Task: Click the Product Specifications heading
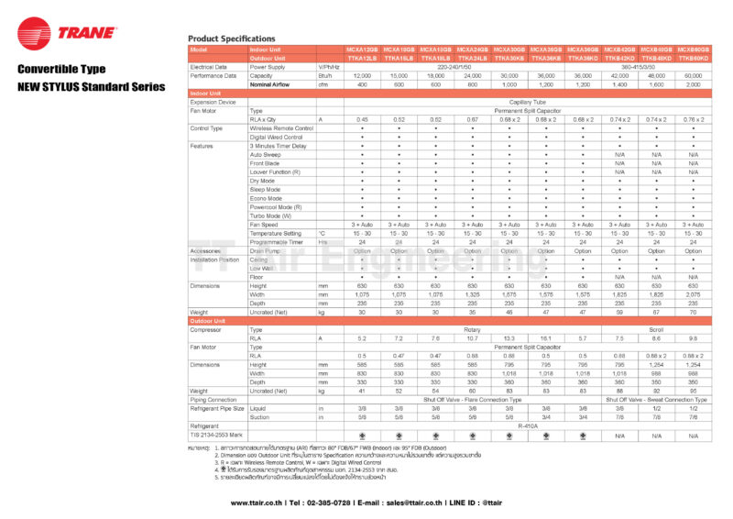pyautogui.click(x=231, y=39)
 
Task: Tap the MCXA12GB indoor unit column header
pyautogui.click(x=362, y=49)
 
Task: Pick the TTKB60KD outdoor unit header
pyautogui.click(x=693, y=58)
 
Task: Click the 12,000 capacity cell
pyautogui.click(x=362, y=75)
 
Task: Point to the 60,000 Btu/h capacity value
pyautogui.click(x=693, y=75)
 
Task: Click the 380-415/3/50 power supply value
pyautogui.click(x=656, y=67)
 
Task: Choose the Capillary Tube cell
pyautogui.click(x=528, y=102)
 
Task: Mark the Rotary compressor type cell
pyautogui.click(x=473, y=329)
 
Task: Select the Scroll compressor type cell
pyautogui.click(x=656, y=329)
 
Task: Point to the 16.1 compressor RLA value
pyautogui.click(x=546, y=338)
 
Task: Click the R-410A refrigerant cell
pyautogui.click(x=528, y=425)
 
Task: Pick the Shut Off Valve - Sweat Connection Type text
pyautogui.click(x=656, y=399)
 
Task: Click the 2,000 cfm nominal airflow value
pyautogui.click(x=693, y=84)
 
